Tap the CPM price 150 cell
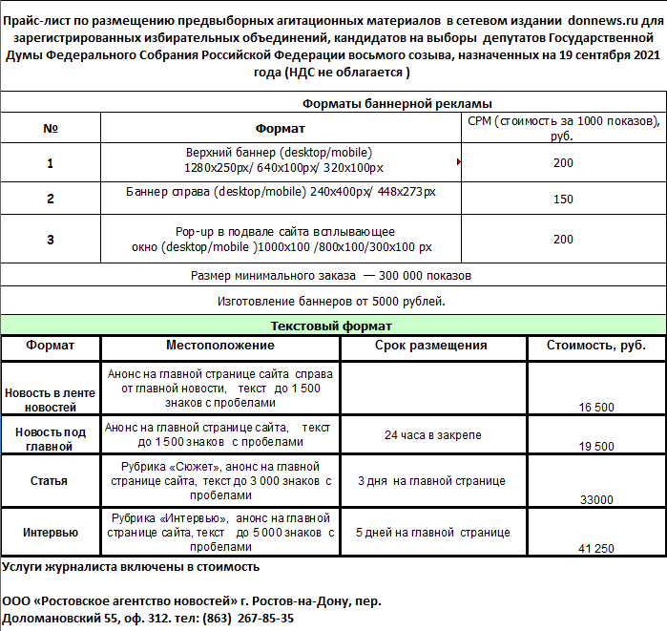click(563, 200)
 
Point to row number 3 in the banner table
click(51, 240)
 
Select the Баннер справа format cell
click(281, 192)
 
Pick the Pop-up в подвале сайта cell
click(284, 240)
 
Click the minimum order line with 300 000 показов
click(331, 276)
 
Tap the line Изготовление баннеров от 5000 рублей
click(331, 302)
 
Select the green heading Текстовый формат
click(331, 326)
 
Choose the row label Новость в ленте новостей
click(51, 400)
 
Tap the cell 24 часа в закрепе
click(432, 435)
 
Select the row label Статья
click(49, 481)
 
